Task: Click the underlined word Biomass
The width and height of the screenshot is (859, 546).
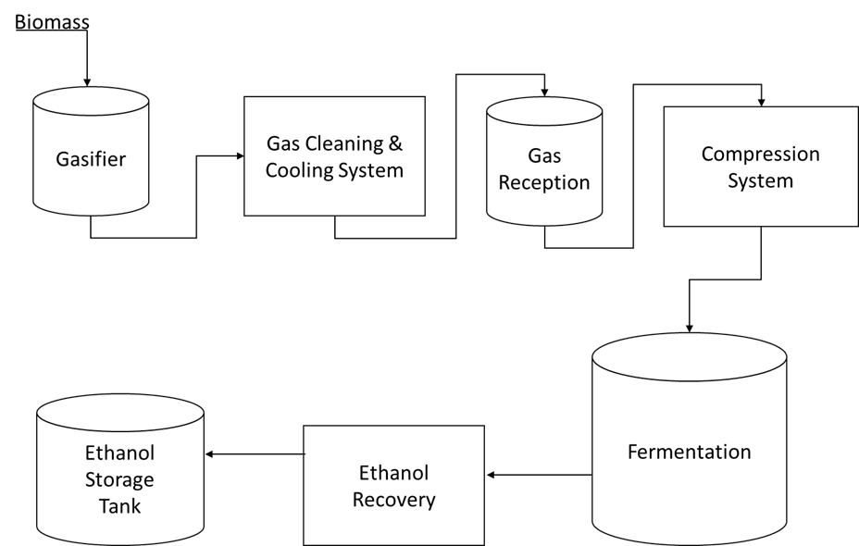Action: [52, 19]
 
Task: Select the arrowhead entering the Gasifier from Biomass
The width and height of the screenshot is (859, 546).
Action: [86, 81]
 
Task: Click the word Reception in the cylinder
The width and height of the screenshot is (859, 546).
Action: [544, 182]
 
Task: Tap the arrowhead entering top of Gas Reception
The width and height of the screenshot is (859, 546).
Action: [544, 92]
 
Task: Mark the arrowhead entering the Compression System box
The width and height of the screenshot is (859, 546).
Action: [760, 102]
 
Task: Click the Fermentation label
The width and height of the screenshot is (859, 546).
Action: [689, 453]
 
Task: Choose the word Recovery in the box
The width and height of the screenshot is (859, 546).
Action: [393, 501]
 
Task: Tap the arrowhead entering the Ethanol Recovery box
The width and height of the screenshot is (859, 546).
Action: [491, 475]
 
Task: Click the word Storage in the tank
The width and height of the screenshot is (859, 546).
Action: [119, 480]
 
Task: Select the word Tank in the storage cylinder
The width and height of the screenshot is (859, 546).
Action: [119, 506]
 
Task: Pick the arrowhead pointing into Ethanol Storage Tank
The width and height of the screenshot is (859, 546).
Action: [209, 454]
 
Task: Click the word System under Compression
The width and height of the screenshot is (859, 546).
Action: [760, 180]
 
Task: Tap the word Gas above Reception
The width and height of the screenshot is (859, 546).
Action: [544, 155]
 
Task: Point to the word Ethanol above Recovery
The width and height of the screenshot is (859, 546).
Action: [393, 474]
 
